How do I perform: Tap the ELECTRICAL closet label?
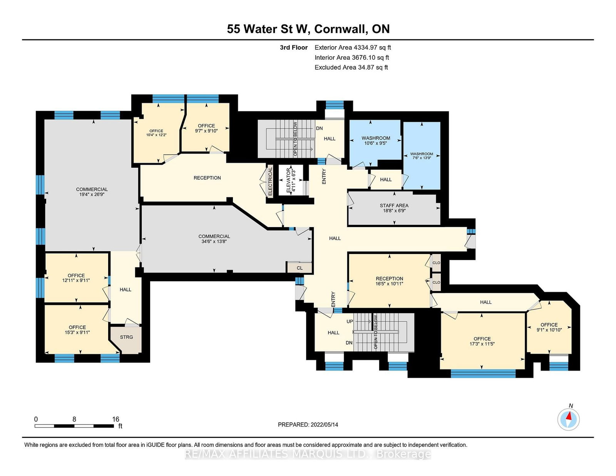tap(270, 181)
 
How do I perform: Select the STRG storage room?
tap(126, 337)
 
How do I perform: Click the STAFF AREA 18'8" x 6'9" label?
tap(394, 208)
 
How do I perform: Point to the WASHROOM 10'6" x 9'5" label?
tap(376, 140)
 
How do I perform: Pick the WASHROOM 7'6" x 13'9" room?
tap(422, 156)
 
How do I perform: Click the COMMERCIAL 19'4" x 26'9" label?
tap(92, 192)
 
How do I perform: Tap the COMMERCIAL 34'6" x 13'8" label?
tap(214, 239)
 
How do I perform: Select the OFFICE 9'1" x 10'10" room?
tap(549, 327)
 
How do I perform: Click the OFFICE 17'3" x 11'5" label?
tap(482, 341)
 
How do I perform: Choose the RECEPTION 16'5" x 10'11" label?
tap(389, 281)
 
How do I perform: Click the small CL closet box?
tap(300, 268)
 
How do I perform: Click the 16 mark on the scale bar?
tap(115, 419)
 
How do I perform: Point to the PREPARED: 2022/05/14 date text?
tap(308, 425)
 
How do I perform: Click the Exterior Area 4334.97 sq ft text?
tap(353, 48)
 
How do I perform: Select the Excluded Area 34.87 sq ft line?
tap(351, 67)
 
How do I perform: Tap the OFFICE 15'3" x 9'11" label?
tap(77, 330)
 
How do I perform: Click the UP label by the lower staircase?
tap(350, 321)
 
